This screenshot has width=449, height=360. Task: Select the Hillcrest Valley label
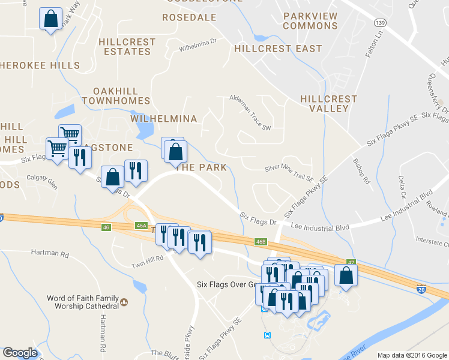click(x=328, y=103)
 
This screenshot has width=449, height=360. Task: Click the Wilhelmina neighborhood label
click(x=163, y=119)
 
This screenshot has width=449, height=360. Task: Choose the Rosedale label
click(x=189, y=17)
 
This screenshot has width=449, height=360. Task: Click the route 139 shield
click(x=379, y=22)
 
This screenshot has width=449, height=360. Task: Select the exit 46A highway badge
click(x=141, y=225)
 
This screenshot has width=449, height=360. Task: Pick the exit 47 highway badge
click(x=351, y=262)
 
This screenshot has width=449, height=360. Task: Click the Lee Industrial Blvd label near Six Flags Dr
click(x=320, y=226)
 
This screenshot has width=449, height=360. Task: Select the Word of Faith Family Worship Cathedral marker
click(x=124, y=302)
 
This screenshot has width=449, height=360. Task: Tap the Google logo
click(x=20, y=353)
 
